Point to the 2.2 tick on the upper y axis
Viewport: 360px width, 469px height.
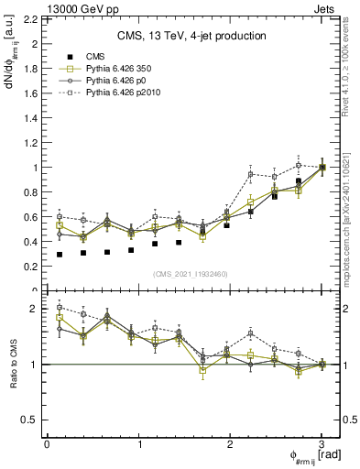tap(32, 18)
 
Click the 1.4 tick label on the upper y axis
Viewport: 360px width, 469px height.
tap(32, 118)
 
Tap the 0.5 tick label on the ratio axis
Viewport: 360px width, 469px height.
tap(32, 420)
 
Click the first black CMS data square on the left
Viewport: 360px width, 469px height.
tap(60, 255)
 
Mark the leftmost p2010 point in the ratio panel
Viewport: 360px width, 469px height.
tap(60, 308)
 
